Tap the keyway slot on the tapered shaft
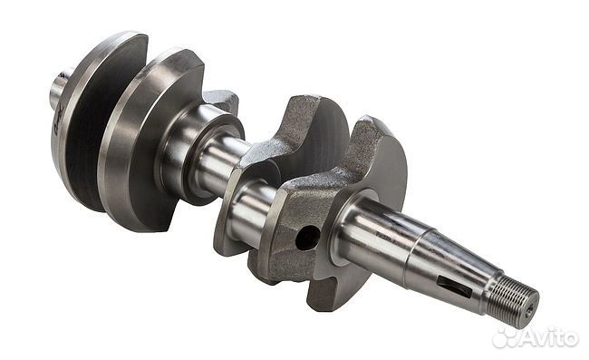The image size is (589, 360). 454,287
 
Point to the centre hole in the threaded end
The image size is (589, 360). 530,309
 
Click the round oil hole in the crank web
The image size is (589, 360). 308,238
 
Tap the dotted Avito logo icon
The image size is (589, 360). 504,337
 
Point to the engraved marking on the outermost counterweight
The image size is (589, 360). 59,121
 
